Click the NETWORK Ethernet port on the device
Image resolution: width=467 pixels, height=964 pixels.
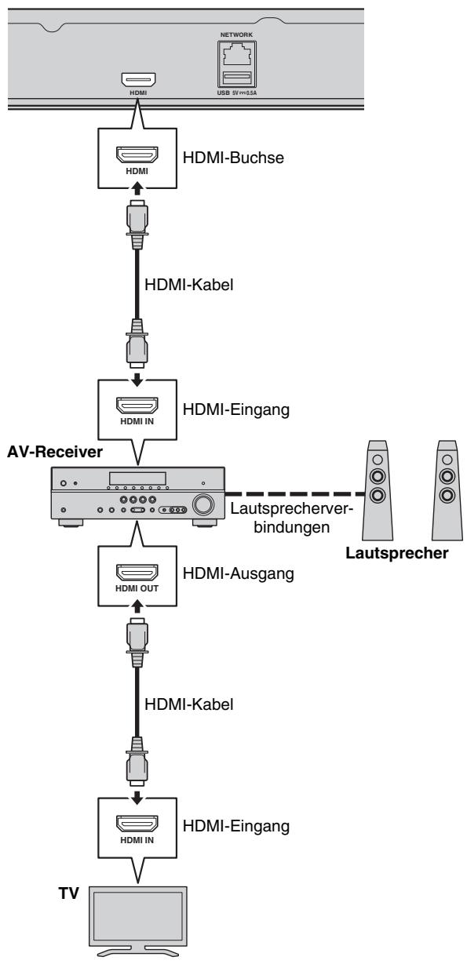[236, 55]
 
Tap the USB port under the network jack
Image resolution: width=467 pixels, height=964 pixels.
[236, 78]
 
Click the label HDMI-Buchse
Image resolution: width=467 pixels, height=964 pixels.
[233, 158]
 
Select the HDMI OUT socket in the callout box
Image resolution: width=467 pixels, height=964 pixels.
[137, 572]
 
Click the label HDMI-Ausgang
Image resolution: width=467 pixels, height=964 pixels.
[239, 573]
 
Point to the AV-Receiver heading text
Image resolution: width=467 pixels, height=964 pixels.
[55, 452]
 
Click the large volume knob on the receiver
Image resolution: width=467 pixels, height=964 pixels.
[203, 504]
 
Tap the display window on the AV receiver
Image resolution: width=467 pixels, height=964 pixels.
[137, 478]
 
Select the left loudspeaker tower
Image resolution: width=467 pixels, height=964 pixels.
[378, 490]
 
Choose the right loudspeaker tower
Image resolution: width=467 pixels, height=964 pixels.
[447, 490]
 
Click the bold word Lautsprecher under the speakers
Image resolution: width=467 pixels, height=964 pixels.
[397, 553]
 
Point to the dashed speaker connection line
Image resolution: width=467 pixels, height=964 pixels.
[296, 494]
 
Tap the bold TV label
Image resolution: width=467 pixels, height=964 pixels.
[69, 893]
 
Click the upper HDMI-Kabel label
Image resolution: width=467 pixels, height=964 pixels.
[188, 285]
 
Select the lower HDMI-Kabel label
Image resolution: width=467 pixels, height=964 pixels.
[188, 704]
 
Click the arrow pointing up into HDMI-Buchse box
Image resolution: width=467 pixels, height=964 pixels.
[137, 189]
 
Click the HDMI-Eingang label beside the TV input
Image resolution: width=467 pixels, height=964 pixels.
[236, 826]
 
